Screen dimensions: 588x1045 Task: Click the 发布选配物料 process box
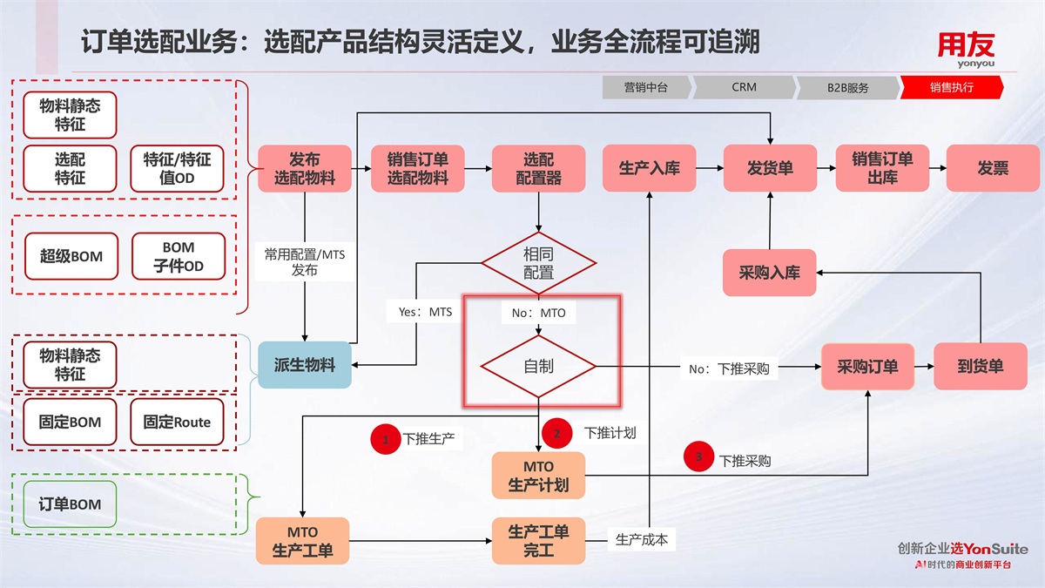click(304, 169)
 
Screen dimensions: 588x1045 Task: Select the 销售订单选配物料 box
click(417, 169)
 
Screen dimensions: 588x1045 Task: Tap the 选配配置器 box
click(538, 169)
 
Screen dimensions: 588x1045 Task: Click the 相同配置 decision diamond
click(538, 263)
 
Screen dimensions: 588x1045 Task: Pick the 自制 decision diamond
click(538, 366)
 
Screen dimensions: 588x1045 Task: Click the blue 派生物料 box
click(304, 365)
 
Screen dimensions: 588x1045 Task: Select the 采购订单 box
click(867, 366)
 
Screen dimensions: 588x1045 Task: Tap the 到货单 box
click(980, 366)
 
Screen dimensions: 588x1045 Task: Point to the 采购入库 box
click(769, 273)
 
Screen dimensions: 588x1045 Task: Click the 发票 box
click(992, 168)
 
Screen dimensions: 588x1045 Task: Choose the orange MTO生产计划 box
click(538, 476)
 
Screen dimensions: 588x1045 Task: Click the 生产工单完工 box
click(538, 541)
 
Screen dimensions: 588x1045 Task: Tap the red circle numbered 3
click(698, 457)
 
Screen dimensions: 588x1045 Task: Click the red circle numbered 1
click(385, 438)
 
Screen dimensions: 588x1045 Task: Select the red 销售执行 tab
click(951, 87)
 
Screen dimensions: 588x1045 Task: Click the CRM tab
click(744, 87)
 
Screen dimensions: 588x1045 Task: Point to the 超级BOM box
click(71, 256)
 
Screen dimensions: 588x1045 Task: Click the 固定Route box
click(177, 422)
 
